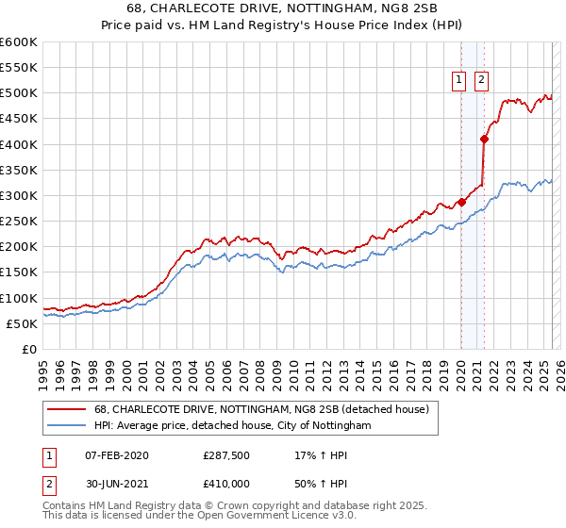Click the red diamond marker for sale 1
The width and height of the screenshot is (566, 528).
coord(461,202)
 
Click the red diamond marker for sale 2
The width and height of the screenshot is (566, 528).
coord(484,139)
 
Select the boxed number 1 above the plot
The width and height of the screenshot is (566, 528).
coord(459,81)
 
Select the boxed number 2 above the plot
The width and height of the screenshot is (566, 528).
coord(481,81)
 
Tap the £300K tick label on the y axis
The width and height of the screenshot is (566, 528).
coord(18,195)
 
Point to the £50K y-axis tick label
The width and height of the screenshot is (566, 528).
coord(22,323)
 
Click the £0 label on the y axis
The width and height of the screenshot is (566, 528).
coord(29,349)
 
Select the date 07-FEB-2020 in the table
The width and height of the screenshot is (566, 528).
coord(116,454)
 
